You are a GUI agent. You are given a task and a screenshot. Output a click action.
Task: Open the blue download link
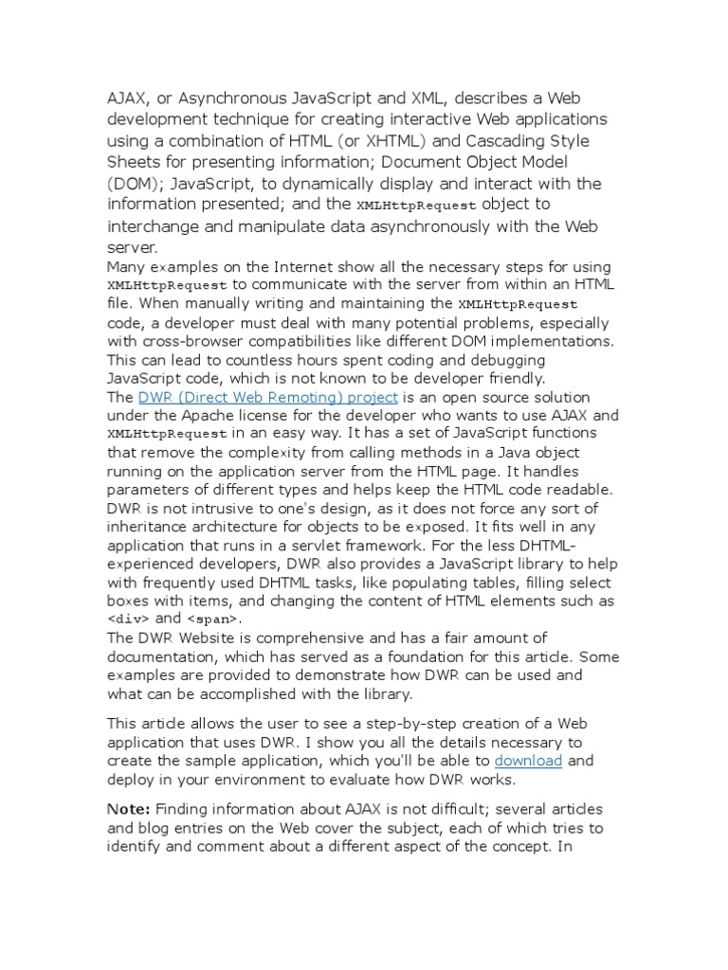click(x=528, y=761)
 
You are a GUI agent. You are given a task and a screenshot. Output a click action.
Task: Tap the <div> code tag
click(x=128, y=619)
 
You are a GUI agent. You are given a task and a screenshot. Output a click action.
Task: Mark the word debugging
click(x=497, y=360)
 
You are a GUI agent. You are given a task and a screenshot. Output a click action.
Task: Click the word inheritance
click(x=154, y=528)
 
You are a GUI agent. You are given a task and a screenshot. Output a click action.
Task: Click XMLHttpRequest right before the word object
click(x=417, y=205)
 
